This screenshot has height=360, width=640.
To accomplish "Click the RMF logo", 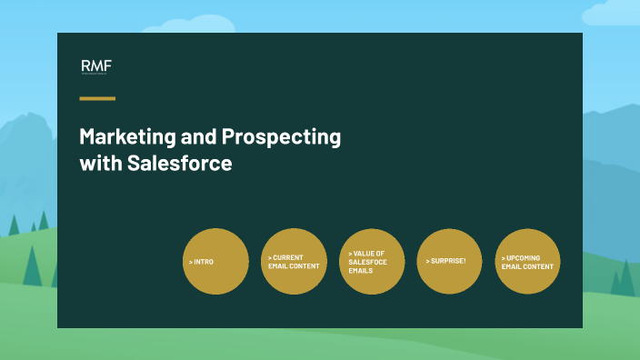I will [95, 66].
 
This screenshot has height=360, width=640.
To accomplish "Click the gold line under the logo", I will [97, 97].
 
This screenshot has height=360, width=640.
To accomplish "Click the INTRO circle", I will [215, 261].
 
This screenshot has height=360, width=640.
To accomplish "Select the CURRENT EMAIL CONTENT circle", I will [294, 261].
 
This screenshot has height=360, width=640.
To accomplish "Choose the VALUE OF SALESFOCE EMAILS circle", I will [372, 261].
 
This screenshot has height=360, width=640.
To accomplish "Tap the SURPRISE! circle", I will [449, 261].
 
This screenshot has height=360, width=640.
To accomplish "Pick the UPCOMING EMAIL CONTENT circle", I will [527, 261].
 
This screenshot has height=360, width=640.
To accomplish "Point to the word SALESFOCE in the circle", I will [368, 262].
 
